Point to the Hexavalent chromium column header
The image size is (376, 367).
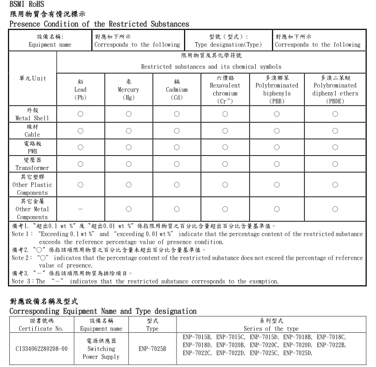pyautogui.click(x=225, y=90)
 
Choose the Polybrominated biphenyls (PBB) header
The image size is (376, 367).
pyautogui.click(x=277, y=90)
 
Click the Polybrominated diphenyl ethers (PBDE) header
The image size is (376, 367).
pyautogui.click(x=335, y=90)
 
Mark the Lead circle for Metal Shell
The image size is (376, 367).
pyautogui.click(x=81, y=114)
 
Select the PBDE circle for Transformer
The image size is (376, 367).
pyautogui.click(x=335, y=164)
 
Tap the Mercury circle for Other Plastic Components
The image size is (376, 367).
pyautogui.click(x=128, y=185)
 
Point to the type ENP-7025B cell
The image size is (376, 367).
pyautogui.click(x=152, y=349)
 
